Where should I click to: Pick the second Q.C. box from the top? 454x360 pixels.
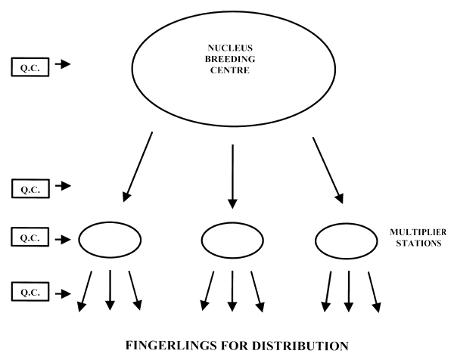pyautogui.click(x=30, y=186)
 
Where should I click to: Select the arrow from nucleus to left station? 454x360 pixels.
pyautogui.click(x=137, y=168)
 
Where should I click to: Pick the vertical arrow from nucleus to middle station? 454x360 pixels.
pyautogui.click(x=232, y=175)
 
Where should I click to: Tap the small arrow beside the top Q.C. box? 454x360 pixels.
pyautogui.click(x=64, y=65)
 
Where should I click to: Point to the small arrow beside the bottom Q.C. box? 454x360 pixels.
pyautogui.click(x=64, y=290)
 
